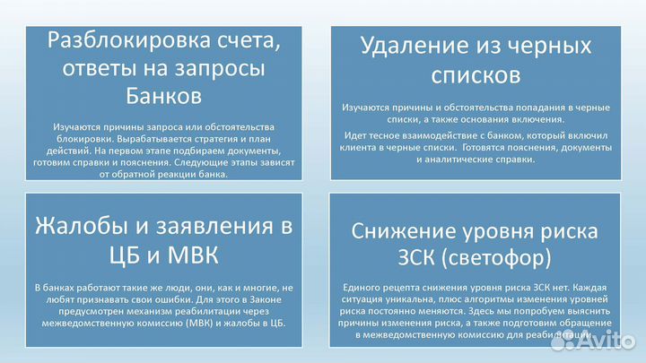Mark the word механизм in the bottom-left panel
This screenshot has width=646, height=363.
129,312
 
